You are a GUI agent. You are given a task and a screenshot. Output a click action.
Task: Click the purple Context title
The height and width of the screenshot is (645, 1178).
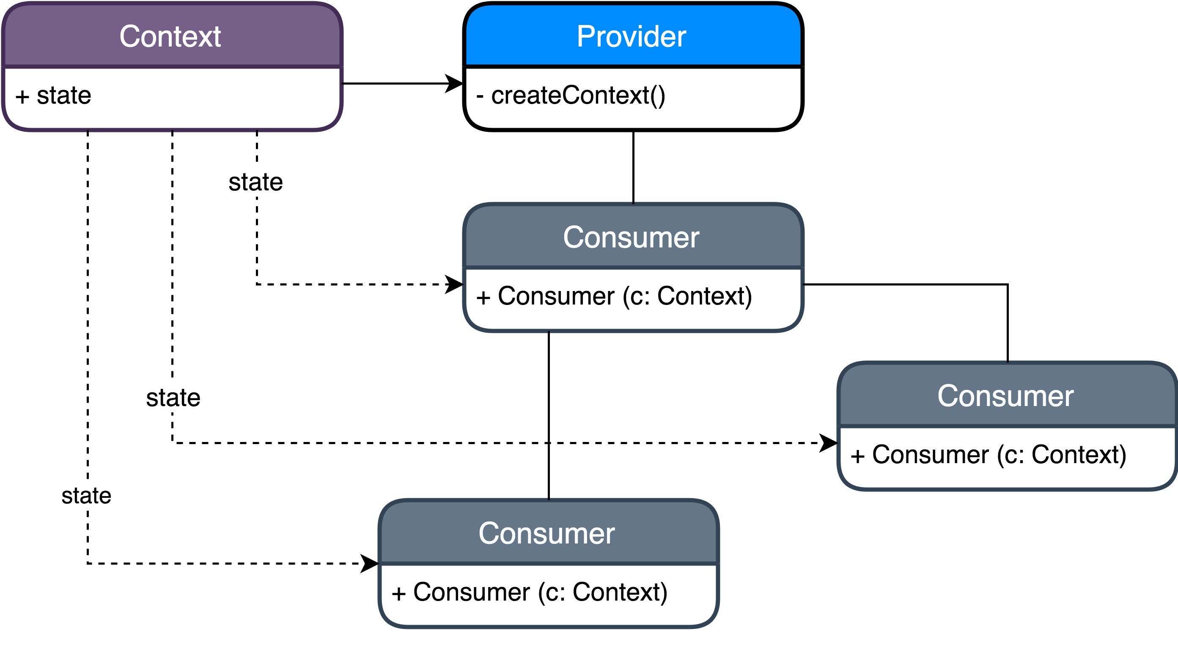click(x=170, y=36)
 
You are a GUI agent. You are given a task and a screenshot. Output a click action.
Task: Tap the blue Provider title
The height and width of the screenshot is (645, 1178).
click(x=631, y=36)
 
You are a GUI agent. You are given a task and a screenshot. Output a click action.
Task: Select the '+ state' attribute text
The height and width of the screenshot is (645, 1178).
click(x=53, y=96)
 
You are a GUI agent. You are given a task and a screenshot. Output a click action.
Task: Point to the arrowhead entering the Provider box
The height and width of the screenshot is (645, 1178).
click(x=455, y=84)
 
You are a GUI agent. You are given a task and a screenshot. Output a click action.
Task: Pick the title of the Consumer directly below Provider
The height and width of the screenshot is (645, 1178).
click(x=631, y=237)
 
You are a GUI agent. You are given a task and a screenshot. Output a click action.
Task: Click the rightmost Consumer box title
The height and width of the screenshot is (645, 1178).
click(x=1005, y=396)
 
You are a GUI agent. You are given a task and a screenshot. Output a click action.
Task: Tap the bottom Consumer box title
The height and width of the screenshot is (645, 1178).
click(x=546, y=533)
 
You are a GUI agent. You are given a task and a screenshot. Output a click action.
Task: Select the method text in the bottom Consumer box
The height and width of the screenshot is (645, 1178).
click(x=530, y=593)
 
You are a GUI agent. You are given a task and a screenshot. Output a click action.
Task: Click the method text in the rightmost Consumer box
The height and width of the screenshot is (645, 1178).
click(x=988, y=455)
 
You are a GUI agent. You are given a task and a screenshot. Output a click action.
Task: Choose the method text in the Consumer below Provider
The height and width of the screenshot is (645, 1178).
click(x=614, y=296)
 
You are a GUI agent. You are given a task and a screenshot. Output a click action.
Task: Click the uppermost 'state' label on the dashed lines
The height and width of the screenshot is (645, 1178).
click(x=255, y=182)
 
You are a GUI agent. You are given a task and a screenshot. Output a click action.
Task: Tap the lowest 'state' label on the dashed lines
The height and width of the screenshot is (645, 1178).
click(x=86, y=496)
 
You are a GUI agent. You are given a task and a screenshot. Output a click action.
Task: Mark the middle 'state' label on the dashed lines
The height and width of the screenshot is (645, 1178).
click(x=173, y=398)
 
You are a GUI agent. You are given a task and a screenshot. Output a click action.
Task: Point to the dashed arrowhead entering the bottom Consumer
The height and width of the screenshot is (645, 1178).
click(x=370, y=564)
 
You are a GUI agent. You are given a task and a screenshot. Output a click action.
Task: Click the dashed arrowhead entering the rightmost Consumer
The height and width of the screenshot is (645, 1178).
click(x=829, y=443)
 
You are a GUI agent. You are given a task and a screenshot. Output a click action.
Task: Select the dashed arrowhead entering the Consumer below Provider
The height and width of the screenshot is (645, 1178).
click(x=455, y=284)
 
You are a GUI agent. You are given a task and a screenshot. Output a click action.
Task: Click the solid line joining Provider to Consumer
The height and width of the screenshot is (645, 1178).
click(x=633, y=167)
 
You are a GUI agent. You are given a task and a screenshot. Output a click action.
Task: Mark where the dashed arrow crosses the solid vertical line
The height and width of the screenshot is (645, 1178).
click(x=549, y=443)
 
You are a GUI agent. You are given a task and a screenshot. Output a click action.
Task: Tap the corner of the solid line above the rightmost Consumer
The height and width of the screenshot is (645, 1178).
click(x=1008, y=284)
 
